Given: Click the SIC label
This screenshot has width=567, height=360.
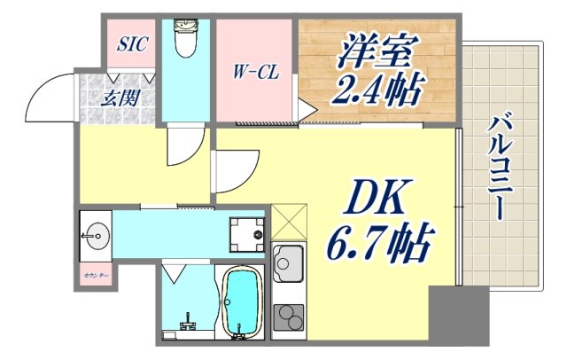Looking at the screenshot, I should [134, 43].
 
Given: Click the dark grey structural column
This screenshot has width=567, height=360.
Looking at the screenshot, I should [458, 315].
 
